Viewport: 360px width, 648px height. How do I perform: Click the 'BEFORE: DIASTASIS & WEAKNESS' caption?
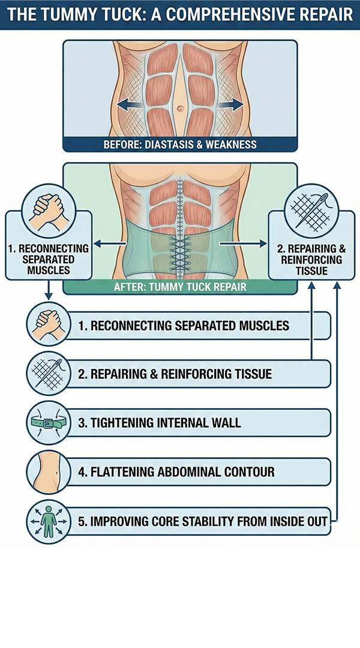180,144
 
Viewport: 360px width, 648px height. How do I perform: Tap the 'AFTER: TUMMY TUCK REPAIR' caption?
180,286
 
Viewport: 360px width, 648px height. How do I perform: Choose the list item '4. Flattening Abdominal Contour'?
176,472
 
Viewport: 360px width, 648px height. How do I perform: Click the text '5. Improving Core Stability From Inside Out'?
203,521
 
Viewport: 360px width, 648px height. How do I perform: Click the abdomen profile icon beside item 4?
47,472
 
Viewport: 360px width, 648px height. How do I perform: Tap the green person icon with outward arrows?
47,521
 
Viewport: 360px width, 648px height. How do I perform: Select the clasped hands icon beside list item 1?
47,325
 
